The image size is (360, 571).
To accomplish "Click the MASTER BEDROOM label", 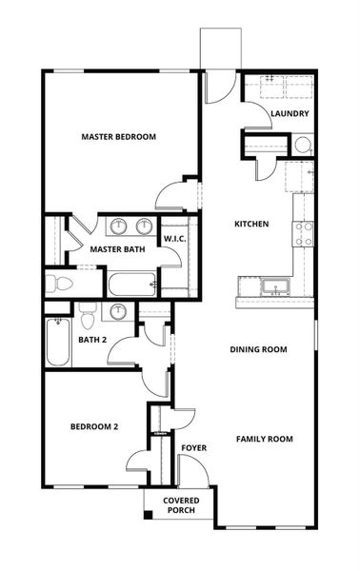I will tap(118, 137).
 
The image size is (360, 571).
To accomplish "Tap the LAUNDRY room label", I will tap(289, 114).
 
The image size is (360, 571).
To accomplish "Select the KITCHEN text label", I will tap(251, 225).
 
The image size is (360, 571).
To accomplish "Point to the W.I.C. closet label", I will tap(174, 238).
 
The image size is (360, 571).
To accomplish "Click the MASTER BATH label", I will tap(116, 250).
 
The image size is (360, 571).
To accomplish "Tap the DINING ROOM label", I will tap(258, 349).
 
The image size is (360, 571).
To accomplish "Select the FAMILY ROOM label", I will tap(265, 439).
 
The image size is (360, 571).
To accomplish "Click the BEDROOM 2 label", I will tap(94, 427).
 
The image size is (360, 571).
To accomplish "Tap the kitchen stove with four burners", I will tap(305, 234).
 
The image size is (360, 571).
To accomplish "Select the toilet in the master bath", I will tap(62, 283).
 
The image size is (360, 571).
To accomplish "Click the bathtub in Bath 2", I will tap(57, 345).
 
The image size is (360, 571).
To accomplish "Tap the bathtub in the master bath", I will tap(131, 284).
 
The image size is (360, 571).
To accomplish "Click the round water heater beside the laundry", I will tap(302, 146).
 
